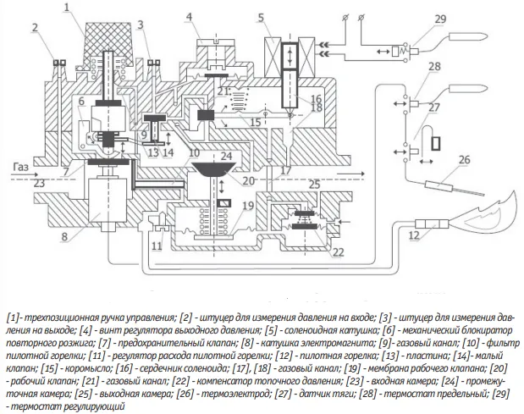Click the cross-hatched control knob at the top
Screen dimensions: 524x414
(x=110, y=43)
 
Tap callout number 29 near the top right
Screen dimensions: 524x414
(x=440, y=19)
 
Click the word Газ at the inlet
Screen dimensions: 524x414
(x=21, y=167)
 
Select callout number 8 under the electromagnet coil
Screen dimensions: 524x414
(x=64, y=236)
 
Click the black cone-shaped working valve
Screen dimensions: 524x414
(x=214, y=170)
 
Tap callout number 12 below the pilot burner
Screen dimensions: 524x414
(x=414, y=235)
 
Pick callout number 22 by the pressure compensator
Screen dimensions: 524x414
(x=339, y=251)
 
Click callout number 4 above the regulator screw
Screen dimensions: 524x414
(x=189, y=17)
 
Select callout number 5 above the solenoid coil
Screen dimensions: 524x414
(x=261, y=18)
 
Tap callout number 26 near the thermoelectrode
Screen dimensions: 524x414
(x=464, y=160)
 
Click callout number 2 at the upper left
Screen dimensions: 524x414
(x=36, y=28)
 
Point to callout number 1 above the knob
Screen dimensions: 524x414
(x=68, y=8)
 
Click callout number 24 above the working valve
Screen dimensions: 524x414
(x=226, y=156)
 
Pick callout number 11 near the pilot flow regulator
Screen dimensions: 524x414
(x=157, y=246)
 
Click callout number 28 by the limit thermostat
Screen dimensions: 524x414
(x=434, y=67)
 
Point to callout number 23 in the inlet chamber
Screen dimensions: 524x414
(x=39, y=183)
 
